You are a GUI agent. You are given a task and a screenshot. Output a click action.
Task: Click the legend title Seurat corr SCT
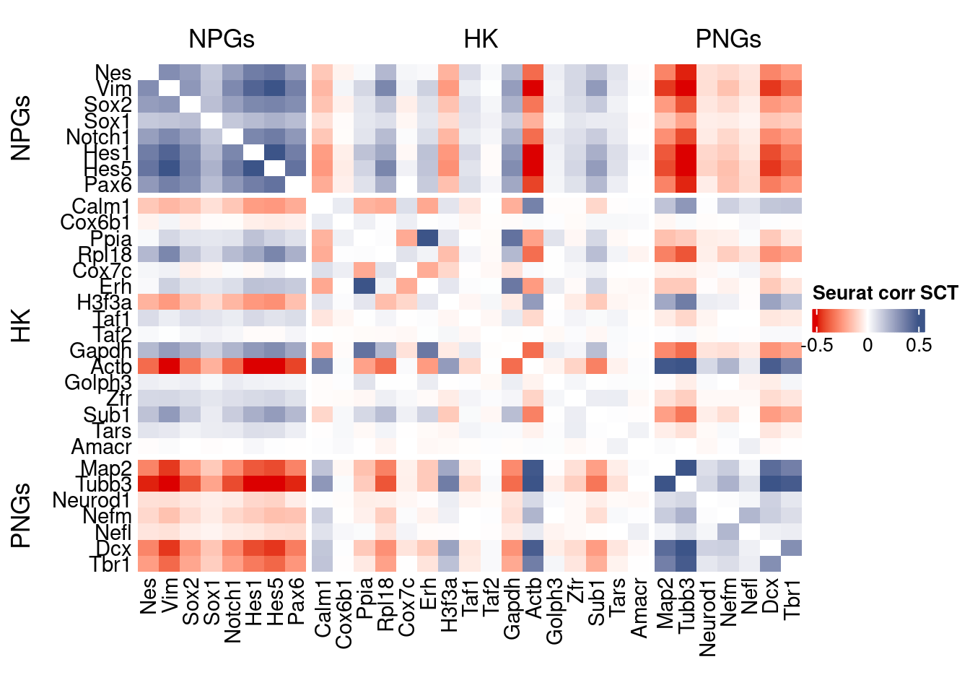(885, 293)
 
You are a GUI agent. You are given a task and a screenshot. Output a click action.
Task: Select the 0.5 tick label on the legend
(919, 345)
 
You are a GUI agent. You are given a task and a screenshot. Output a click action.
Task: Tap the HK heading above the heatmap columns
(481, 39)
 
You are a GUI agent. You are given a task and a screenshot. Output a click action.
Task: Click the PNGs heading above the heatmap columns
(727, 39)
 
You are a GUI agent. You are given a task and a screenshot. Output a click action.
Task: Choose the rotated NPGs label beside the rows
(22, 128)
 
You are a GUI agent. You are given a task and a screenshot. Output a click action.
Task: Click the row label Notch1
(98, 136)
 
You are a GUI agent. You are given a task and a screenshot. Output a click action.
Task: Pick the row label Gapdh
(100, 351)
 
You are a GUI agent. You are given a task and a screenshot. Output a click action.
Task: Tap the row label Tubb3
(103, 484)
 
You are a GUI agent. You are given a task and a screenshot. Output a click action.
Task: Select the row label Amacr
(101, 447)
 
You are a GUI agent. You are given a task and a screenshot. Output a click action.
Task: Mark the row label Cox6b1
(95, 222)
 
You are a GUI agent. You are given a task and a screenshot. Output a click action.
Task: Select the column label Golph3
(554, 610)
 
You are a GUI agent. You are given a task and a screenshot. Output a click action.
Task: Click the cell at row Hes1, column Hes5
(275, 152)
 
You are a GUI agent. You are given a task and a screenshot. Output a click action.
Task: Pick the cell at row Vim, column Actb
(533, 89)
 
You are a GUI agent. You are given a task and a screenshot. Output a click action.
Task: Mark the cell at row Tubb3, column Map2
(665, 483)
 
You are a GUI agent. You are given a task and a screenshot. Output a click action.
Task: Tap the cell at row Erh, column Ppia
(364, 286)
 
